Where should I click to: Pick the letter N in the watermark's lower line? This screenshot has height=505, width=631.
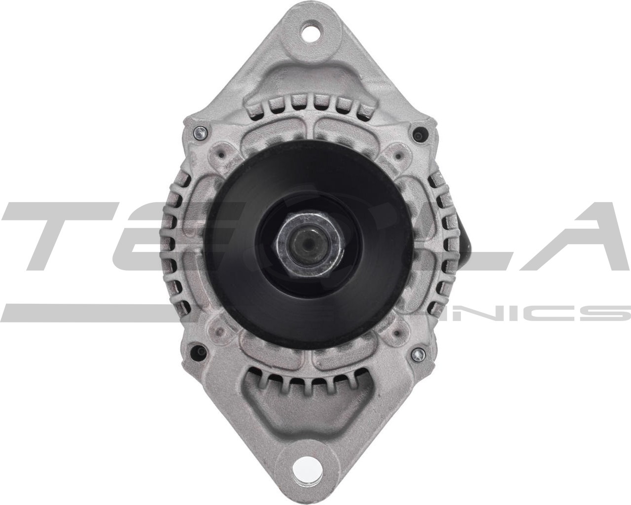coord(473,313)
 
